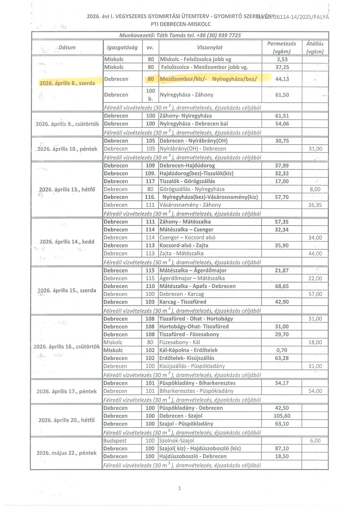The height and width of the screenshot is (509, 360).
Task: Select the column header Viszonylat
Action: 210,47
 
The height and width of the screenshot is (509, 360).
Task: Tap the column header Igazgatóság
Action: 122,47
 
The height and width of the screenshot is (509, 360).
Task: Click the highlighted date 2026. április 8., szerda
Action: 67,83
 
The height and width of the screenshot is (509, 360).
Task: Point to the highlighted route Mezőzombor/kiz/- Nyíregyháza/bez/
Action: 208,79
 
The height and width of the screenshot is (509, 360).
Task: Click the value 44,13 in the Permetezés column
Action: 282,79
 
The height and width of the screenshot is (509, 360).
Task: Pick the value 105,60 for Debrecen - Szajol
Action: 282,416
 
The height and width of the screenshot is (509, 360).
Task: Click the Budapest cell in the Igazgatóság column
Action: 115,441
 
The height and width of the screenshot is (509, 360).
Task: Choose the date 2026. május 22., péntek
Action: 67,453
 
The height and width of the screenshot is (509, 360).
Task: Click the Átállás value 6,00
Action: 315,441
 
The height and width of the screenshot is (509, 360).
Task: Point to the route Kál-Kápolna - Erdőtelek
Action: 188,350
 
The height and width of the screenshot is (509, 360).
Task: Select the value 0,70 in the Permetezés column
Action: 282,350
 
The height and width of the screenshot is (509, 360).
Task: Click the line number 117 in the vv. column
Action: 150,181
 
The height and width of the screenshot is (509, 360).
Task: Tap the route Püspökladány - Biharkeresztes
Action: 197,383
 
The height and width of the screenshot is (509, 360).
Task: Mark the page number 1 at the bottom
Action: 180,488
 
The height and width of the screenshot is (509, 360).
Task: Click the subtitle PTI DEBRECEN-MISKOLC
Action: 181,24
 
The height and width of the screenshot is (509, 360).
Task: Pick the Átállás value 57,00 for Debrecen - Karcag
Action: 315,294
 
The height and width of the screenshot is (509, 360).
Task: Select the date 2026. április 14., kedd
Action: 67,242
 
